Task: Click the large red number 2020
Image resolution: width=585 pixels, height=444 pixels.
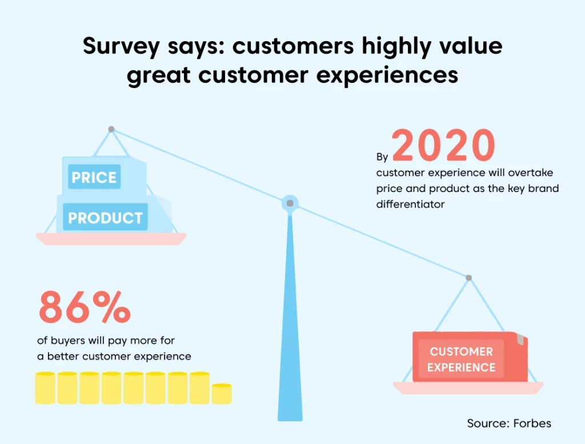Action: coord(443,145)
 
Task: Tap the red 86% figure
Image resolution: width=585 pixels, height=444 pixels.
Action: coord(85,307)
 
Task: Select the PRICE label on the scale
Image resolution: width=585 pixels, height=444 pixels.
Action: coord(94,177)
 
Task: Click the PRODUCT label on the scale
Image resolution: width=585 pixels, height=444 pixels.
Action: coord(105,218)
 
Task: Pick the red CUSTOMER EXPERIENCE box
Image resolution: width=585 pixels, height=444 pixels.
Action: coord(470,357)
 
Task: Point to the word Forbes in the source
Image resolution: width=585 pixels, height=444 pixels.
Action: coord(532,423)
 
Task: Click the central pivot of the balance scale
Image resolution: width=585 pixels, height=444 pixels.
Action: coord(290,203)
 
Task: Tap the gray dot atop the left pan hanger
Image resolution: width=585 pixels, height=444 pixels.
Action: coord(111,129)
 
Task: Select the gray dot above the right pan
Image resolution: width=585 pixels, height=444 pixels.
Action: coord(469,278)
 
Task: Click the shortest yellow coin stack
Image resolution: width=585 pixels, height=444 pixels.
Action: coord(222,394)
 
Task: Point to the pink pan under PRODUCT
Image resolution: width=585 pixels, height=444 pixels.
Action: coord(111,239)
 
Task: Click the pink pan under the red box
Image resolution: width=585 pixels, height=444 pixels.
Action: coord(468,388)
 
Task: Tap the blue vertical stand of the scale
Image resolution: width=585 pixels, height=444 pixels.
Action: coord(290,317)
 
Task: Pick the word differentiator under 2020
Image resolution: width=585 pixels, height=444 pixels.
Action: coord(410,204)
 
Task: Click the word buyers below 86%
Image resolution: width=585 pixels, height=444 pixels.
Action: coord(67,341)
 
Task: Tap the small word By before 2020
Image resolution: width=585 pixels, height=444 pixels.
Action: coord(382,157)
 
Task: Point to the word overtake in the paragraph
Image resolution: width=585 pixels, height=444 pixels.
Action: coord(531,173)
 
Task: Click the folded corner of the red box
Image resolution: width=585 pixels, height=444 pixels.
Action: coord(520,339)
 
